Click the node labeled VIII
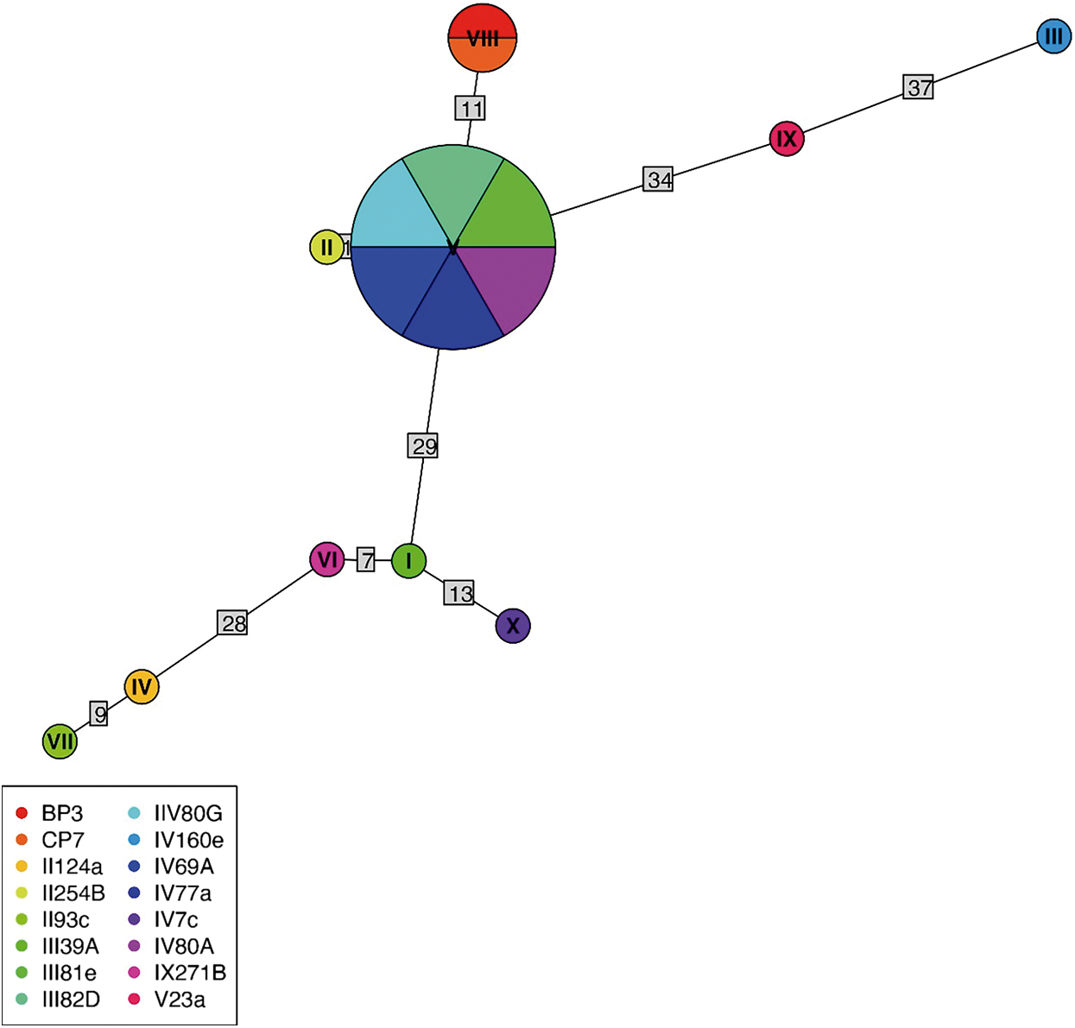(482, 38)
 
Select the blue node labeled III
(1053, 36)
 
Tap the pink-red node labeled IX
(786, 139)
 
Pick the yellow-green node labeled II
(326, 248)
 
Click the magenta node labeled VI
(327, 560)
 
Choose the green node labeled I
(408, 561)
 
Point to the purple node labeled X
(513, 626)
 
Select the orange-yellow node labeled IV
(142, 687)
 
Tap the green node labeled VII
(60, 741)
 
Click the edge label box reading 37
(920, 87)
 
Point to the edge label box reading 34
(658, 180)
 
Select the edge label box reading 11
(471, 109)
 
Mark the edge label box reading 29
(423, 446)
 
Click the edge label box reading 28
(232, 623)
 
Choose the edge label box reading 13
(459, 593)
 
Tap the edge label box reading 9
(99, 715)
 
